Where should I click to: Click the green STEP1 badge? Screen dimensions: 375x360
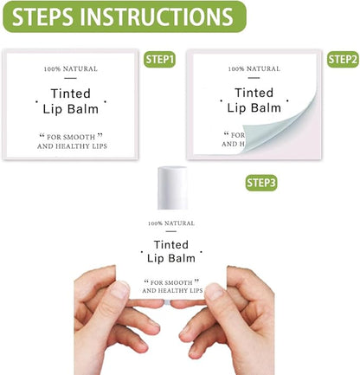159,60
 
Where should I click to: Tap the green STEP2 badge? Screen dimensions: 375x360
343,60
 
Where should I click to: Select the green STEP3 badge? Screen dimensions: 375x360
261,183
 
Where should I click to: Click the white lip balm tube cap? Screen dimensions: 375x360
173,188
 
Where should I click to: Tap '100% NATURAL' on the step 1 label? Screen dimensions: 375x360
71,68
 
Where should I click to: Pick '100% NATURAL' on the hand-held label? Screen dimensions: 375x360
170,223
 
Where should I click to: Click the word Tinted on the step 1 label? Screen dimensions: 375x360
71,93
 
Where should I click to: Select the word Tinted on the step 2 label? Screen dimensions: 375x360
254,93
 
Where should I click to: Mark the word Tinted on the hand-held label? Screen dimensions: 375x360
170,245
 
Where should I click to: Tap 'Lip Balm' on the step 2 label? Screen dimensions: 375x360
254,108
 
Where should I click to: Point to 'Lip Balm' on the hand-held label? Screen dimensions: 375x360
170,259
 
